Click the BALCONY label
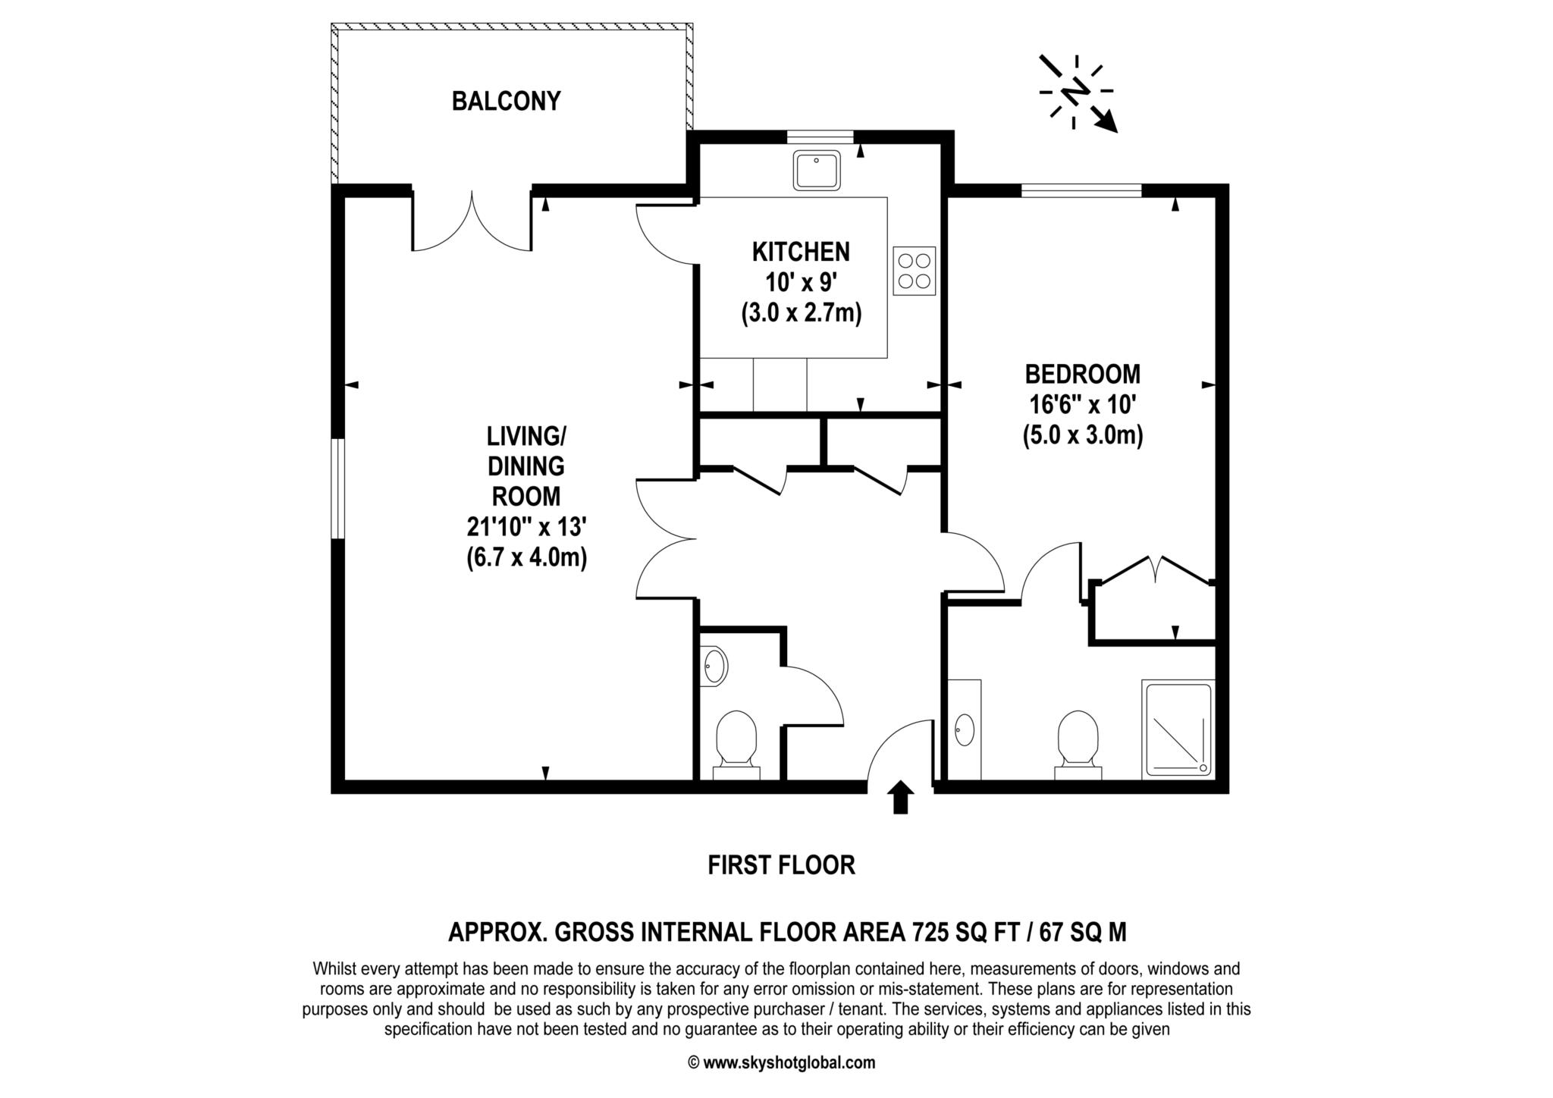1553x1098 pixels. tap(506, 101)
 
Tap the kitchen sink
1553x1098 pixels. tap(816, 170)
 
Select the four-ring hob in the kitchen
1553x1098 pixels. tap(914, 271)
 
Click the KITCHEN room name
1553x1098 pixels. tap(801, 251)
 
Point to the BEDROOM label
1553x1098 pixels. tap(1082, 374)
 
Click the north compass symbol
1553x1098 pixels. tap(1078, 93)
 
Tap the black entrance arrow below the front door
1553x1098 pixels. tap(900, 797)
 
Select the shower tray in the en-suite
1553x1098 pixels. tap(1178, 729)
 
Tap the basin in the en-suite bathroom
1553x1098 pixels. tap(965, 729)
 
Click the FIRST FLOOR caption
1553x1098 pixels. tap(781, 865)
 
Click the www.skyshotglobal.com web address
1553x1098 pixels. tap(789, 1062)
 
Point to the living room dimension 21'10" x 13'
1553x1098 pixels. tap(526, 527)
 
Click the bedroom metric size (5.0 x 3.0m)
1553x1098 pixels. tap(1082, 436)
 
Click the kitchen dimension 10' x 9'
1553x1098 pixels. tap(801, 282)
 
